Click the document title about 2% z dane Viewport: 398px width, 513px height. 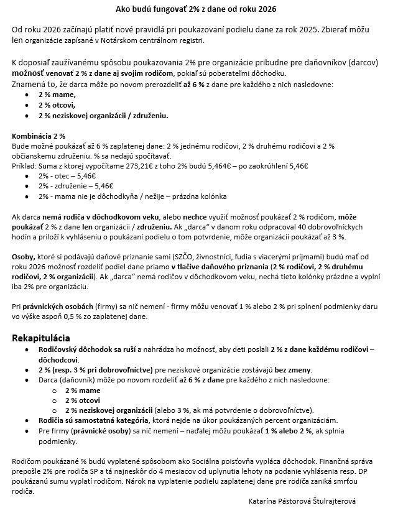coord(196,10)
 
